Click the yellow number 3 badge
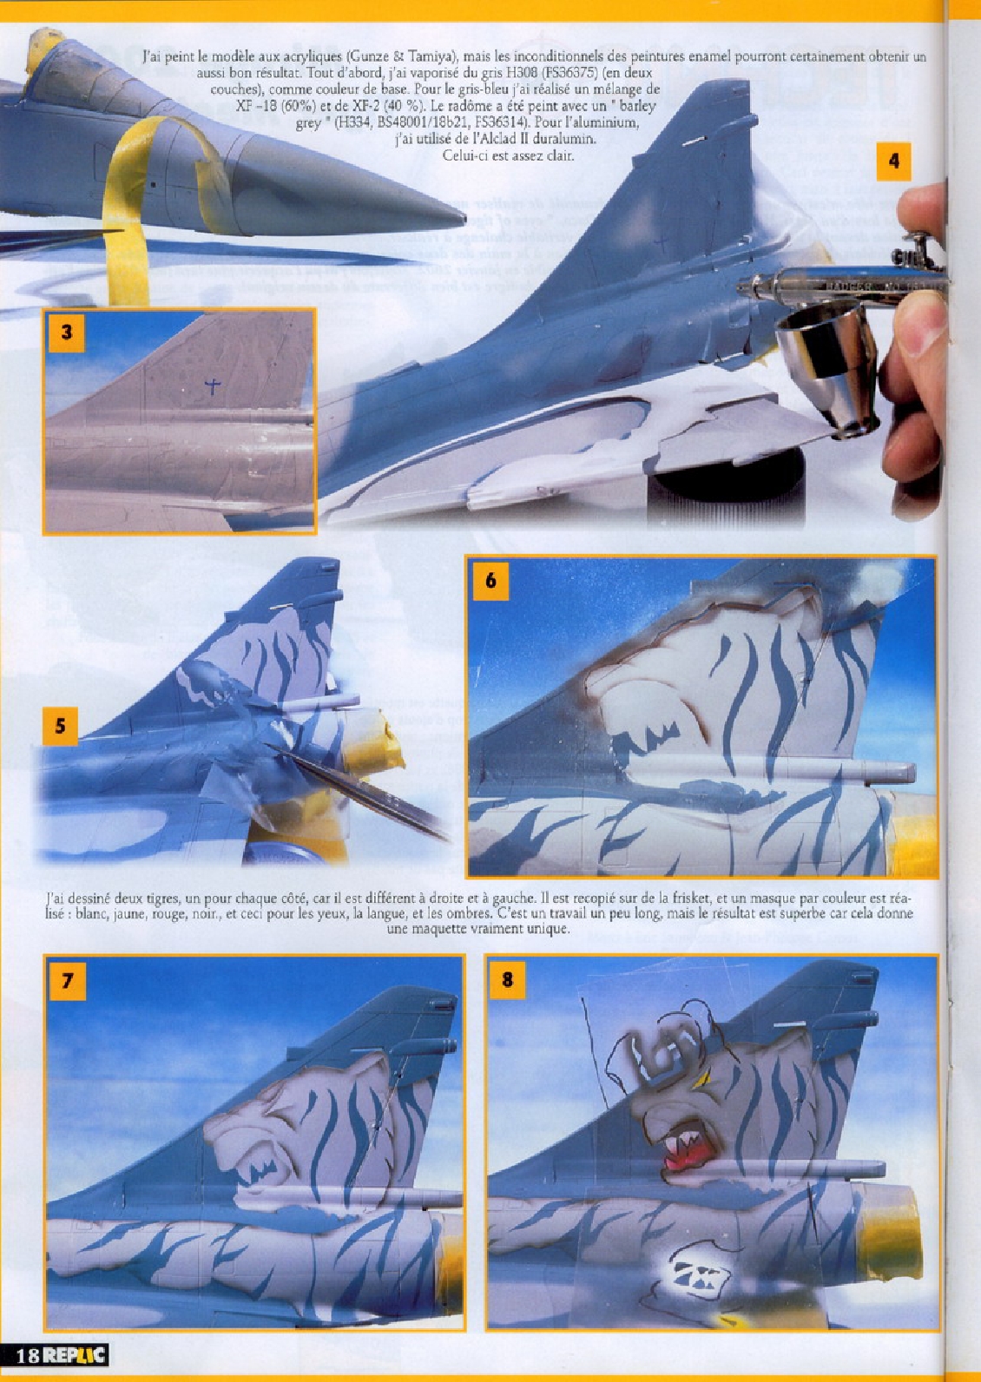(x=67, y=332)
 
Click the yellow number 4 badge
(x=894, y=161)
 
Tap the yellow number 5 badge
(x=60, y=725)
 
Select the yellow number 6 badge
(x=490, y=580)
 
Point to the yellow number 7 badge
(x=67, y=979)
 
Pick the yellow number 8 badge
(x=508, y=979)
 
